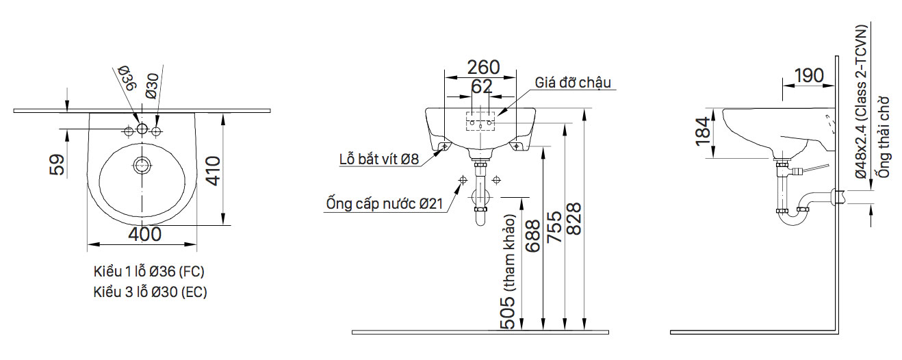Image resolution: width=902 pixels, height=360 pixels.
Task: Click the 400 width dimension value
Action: (x=144, y=234)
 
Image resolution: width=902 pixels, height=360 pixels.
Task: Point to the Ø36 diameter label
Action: (x=127, y=79)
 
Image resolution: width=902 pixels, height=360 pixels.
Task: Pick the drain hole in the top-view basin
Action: (x=142, y=165)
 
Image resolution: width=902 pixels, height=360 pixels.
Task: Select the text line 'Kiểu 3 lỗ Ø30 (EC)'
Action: (x=150, y=292)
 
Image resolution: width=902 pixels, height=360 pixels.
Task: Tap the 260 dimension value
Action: (x=482, y=67)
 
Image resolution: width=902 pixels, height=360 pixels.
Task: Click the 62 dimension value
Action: (x=482, y=87)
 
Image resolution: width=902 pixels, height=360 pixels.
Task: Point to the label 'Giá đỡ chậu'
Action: (x=573, y=83)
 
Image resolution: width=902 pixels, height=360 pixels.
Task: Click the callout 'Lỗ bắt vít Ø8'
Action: (x=379, y=160)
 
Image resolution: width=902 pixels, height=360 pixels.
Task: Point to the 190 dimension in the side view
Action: (x=809, y=75)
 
